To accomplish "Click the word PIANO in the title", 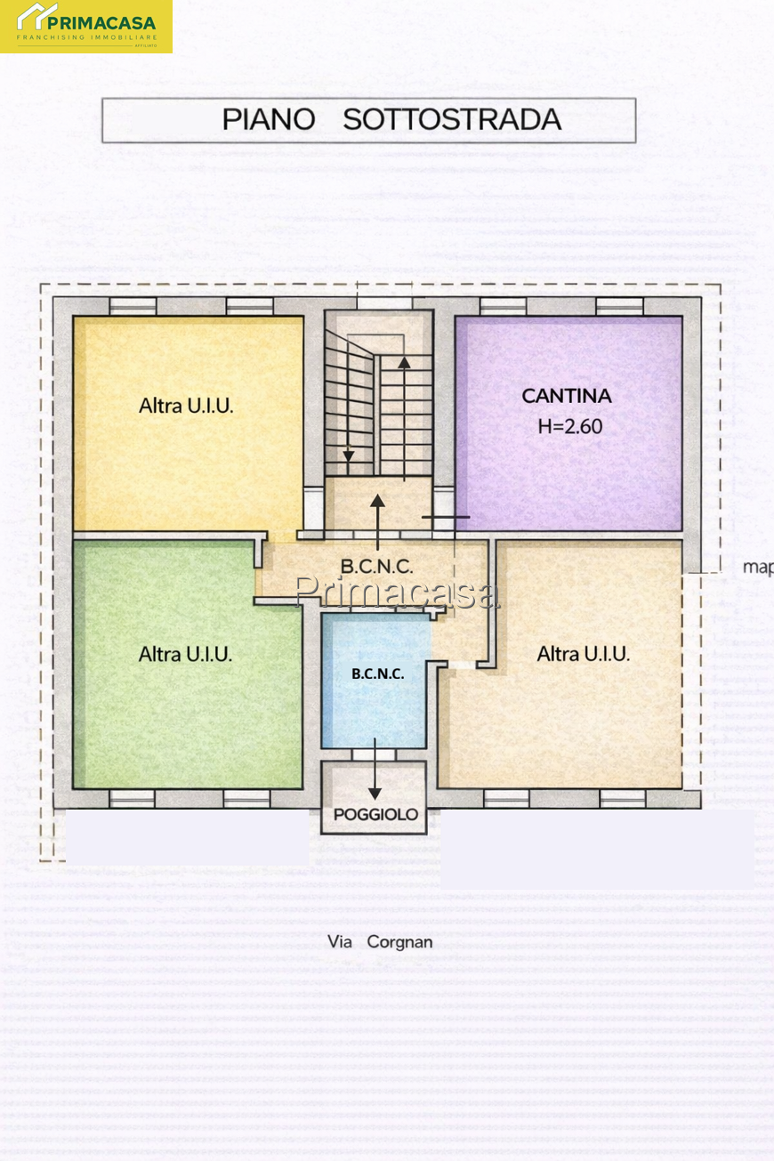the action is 269,120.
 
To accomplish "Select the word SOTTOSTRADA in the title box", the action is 452,120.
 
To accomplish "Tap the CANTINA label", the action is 566,396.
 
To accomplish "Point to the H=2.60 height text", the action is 569,426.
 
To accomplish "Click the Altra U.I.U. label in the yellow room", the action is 186,406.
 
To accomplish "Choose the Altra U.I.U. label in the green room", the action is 185,654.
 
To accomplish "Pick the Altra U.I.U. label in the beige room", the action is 584,654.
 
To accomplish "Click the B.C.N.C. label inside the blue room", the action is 377,673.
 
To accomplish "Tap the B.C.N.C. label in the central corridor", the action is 377,567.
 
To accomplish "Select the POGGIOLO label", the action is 375,814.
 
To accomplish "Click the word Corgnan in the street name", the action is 399,942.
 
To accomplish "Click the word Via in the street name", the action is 340,941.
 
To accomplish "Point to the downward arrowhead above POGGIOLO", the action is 375,794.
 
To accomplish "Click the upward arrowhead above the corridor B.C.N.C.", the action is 377,500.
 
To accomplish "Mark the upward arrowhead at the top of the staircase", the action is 404,362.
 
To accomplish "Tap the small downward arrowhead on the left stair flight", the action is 349,456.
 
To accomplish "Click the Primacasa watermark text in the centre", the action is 397,591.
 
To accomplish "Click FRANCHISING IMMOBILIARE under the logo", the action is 86,37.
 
